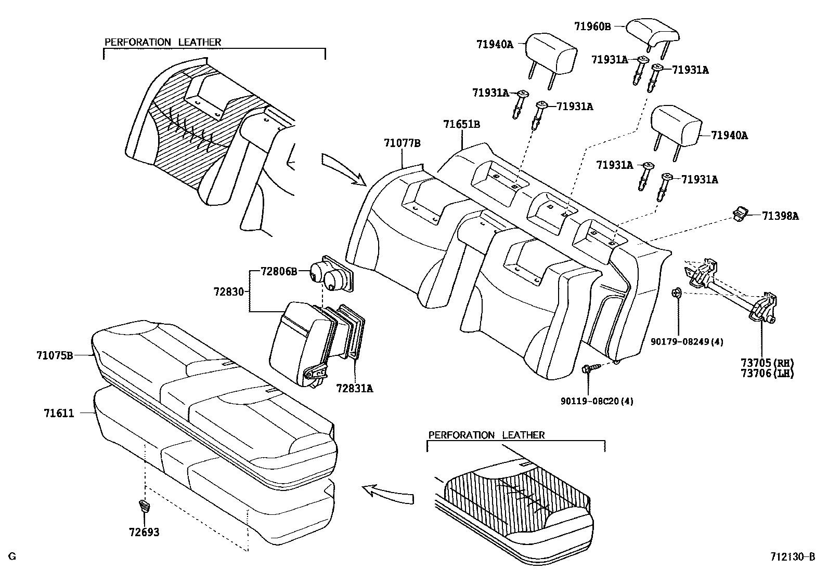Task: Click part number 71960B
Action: (x=593, y=25)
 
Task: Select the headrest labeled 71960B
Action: (x=653, y=32)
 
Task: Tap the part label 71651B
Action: (x=461, y=124)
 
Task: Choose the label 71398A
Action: (x=780, y=216)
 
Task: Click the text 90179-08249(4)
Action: (x=687, y=341)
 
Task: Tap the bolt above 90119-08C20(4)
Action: (x=588, y=369)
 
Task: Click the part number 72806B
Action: (x=279, y=271)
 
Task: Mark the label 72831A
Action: (x=354, y=388)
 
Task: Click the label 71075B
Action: (x=55, y=355)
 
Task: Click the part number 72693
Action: (x=144, y=532)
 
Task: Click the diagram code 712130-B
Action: (x=793, y=557)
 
